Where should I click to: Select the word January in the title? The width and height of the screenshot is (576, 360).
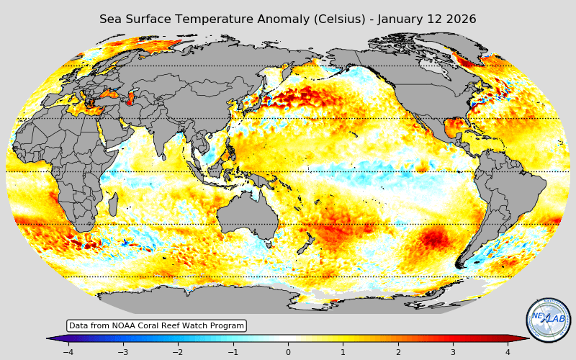pos(393,19)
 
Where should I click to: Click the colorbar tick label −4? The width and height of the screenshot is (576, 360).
pos(68,352)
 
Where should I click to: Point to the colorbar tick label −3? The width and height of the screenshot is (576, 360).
pos(122,352)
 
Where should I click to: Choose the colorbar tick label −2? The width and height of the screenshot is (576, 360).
pos(178,352)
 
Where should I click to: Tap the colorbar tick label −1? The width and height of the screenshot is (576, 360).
pos(233,352)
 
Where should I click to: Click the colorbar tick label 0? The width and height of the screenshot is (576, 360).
pos(288,352)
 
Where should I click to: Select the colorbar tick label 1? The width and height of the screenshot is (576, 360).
pos(343,352)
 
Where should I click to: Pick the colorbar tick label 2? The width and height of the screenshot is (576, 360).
pos(398,352)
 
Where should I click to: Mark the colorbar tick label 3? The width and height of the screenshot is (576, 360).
pos(453,352)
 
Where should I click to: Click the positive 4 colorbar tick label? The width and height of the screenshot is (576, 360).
pos(508,352)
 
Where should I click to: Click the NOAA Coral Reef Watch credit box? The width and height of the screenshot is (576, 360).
pos(156,325)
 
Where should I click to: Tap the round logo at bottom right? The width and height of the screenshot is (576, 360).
pos(549,320)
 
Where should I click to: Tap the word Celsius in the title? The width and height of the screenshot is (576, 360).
pos(330,19)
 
